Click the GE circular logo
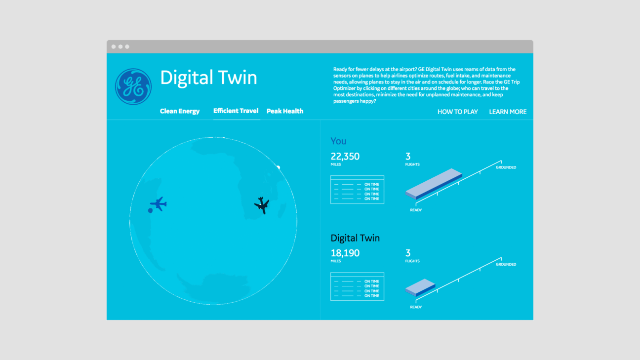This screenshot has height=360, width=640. coord(133,86)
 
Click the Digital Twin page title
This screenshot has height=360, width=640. coord(208,78)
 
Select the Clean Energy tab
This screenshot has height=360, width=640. coord(180,111)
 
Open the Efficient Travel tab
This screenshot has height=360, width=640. coord(236,111)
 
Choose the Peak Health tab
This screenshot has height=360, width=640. coord(285,111)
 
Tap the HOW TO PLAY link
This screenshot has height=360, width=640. coord(457,112)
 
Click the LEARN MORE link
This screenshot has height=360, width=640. coord(508,112)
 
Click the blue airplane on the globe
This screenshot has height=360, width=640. coord(159,203)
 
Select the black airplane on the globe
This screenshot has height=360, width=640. coord(262,204)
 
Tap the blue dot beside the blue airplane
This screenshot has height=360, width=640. coord(150,210)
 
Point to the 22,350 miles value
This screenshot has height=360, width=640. coord(345,157)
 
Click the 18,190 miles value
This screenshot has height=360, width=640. coord(345,253)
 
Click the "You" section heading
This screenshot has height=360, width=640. coord(338,141)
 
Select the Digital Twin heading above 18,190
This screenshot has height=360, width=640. coord(355,238)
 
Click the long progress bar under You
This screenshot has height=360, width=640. coord(434,184)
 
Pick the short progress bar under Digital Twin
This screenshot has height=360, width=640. coord(420,287)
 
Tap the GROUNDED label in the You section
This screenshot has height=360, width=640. coord(506,167)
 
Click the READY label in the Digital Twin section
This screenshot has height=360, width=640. coord(416,307)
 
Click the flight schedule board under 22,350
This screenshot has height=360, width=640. coord(357,190)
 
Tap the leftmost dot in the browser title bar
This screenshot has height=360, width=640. coord(114,47)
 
